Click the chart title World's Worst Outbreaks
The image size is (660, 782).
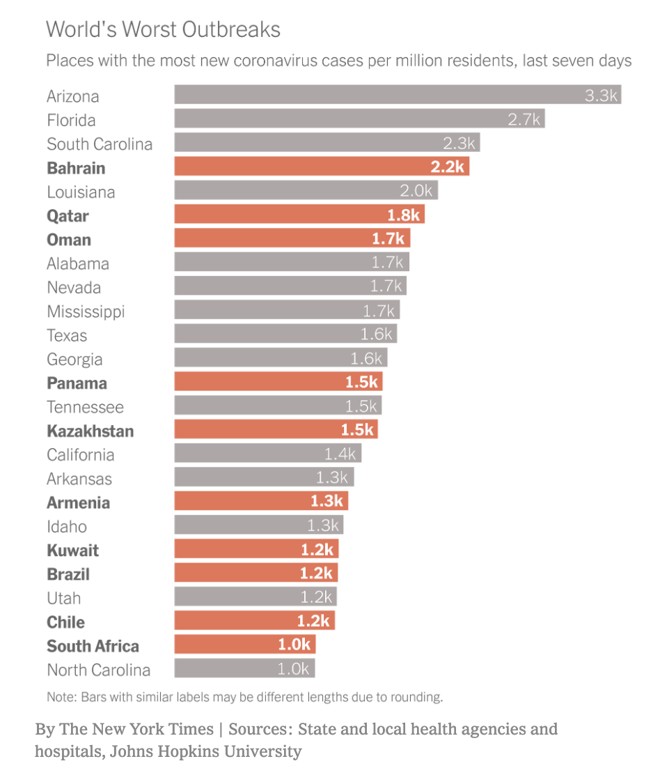tap(163, 29)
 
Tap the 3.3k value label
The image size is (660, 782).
tap(601, 95)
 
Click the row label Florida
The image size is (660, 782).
tap(71, 120)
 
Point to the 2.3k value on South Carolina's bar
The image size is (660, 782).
tap(459, 144)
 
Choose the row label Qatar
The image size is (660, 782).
tap(68, 216)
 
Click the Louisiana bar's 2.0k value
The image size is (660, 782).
tap(417, 191)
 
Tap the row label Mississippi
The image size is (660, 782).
tap(86, 312)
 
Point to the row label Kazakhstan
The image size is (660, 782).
tap(90, 431)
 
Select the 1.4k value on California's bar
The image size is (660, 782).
tap(340, 454)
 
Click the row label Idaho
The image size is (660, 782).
tap(67, 526)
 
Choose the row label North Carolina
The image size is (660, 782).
tap(98, 670)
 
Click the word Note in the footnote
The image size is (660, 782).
tap(60, 696)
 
